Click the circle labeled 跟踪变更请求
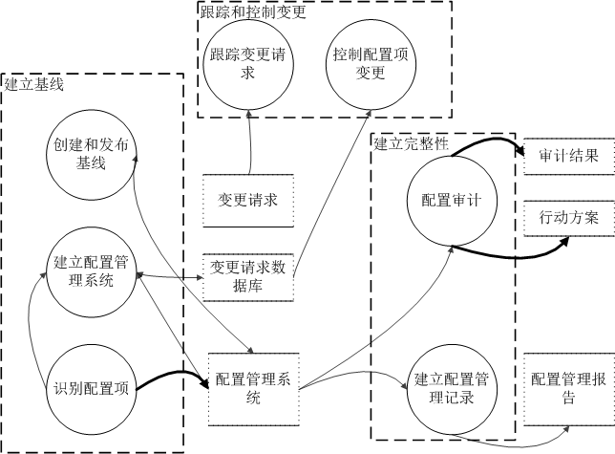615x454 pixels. [248, 66]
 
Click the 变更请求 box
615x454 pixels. [247, 200]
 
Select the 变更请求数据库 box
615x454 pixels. [247, 275]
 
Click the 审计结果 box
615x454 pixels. [568, 156]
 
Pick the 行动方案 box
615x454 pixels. [568, 217]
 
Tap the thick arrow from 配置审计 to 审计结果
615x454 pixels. [487, 141]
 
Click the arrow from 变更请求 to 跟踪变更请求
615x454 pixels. [250, 143]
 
